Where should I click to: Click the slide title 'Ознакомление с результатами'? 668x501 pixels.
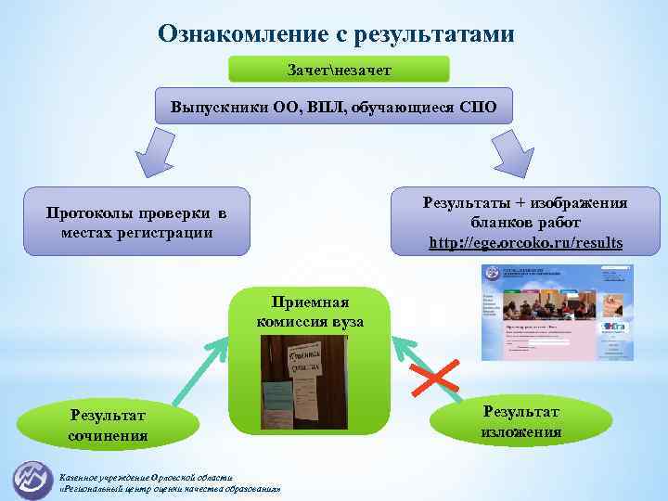336,33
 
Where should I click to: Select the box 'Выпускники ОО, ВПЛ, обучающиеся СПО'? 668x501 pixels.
333,107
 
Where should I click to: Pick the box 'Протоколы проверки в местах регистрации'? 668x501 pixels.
137,223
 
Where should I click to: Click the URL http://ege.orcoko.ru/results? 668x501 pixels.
526,243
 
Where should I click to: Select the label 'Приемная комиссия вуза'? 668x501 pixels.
310,312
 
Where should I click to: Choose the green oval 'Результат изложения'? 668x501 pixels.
520,420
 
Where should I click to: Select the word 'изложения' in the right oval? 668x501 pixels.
520,431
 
